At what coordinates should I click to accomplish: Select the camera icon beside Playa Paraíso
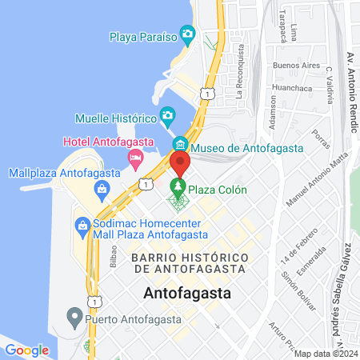pyautogui.click(x=188, y=34)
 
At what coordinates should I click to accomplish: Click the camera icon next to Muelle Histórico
pyautogui.click(x=167, y=117)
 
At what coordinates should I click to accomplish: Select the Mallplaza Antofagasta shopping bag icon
pyautogui.click(x=102, y=190)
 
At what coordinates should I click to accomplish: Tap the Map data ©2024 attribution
pyautogui.click(x=325, y=353)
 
